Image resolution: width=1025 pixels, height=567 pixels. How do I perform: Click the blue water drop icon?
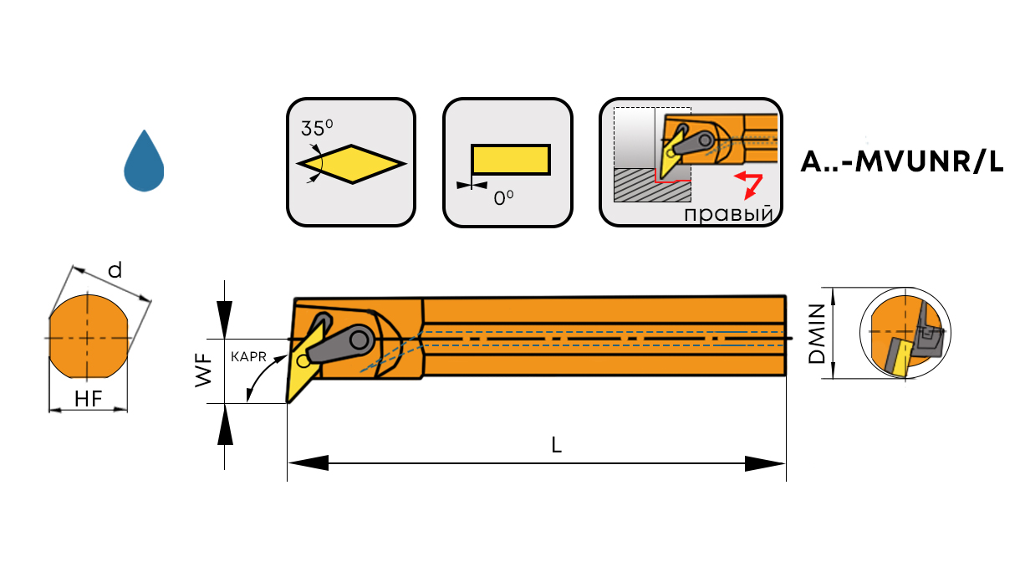144,163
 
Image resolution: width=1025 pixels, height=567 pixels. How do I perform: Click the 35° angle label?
317,128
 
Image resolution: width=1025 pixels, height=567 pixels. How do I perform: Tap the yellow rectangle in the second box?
510,159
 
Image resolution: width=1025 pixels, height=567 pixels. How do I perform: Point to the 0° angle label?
503,198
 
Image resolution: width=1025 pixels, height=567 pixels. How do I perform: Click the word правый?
727,214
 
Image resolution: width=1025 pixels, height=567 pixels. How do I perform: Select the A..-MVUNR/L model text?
901,161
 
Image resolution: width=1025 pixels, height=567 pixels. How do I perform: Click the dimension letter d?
115,269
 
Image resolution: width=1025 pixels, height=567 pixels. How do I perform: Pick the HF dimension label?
88,399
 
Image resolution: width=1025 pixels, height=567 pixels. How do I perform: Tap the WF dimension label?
203,370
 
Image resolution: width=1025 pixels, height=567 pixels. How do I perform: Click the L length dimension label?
556,446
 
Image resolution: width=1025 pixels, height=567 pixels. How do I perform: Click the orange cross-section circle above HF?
88,336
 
